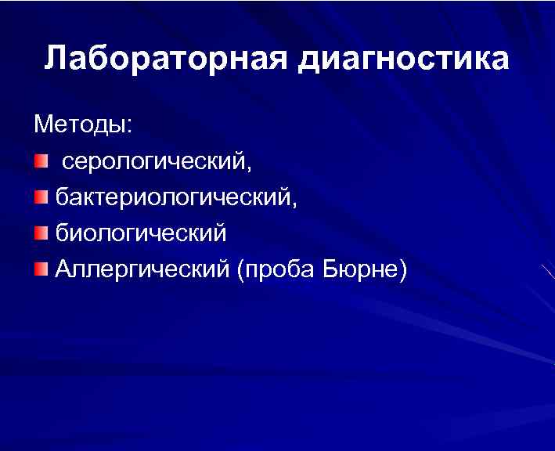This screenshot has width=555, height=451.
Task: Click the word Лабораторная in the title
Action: (x=167, y=59)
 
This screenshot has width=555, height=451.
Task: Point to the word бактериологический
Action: (x=173, y=198)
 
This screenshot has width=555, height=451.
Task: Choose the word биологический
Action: (x=141, y=233)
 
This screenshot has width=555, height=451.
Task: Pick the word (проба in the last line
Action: (x=275, y=271)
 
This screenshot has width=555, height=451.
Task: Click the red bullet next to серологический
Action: (x=41, y=161)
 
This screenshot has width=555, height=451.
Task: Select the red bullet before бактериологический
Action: (x=41, y=197)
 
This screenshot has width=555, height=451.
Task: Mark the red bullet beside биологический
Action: (x=41, y=233)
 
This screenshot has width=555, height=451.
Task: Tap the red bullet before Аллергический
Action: (x=41, y=269)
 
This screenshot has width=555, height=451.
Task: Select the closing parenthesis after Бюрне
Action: (x=402, y=270)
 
